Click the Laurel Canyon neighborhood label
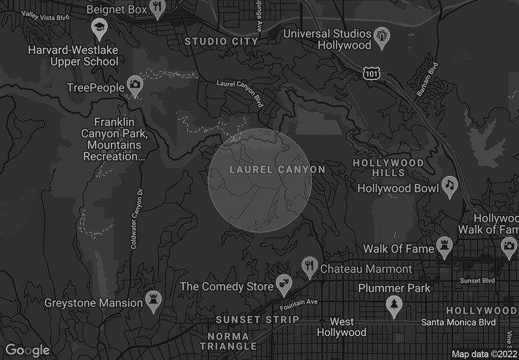(277, 170)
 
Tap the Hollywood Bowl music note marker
(449, 187)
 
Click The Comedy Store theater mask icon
(283, 283)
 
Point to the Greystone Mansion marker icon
(154, 301)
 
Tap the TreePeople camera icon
(135, 84)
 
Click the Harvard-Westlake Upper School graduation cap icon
(99, 29)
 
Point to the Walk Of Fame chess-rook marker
(444, 246)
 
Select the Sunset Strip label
(257, 320)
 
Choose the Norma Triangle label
(228, 341)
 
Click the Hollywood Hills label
(388, 167)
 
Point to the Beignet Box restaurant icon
(158, 8)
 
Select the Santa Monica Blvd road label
(459, 322)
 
